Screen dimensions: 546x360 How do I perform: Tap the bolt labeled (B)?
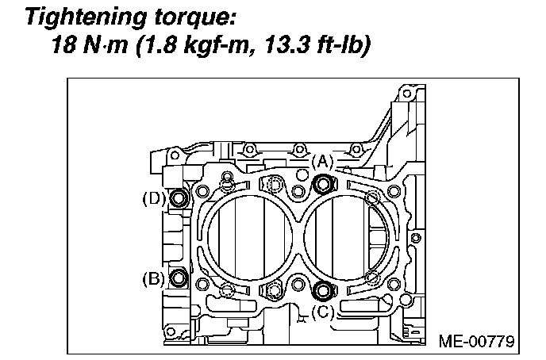(x=179, y=278)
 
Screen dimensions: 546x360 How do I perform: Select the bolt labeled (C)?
(x=321, y=289)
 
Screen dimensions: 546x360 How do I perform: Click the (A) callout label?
(x=321, y=161)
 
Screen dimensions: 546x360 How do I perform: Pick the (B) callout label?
(x=154, y=278)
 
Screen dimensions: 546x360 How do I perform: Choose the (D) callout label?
(x=153, y=198)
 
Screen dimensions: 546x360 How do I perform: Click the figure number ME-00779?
(x=476, y=342)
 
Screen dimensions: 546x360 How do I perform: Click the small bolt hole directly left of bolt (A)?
(x=299, y=190)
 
